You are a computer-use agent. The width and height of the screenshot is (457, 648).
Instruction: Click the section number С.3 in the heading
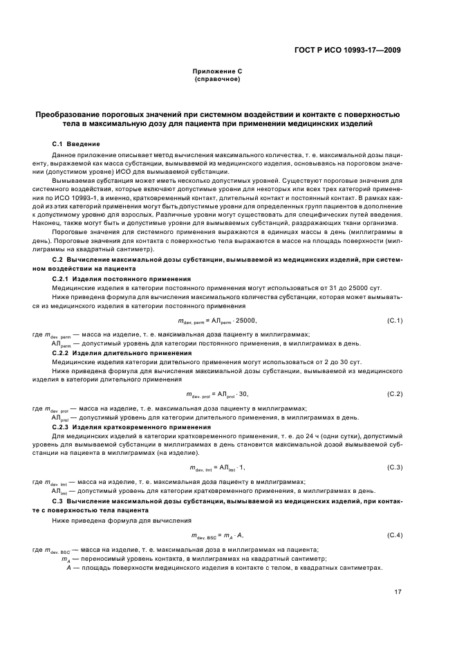point(58,501)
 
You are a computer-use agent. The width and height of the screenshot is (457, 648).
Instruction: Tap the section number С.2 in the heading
point(58,258)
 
